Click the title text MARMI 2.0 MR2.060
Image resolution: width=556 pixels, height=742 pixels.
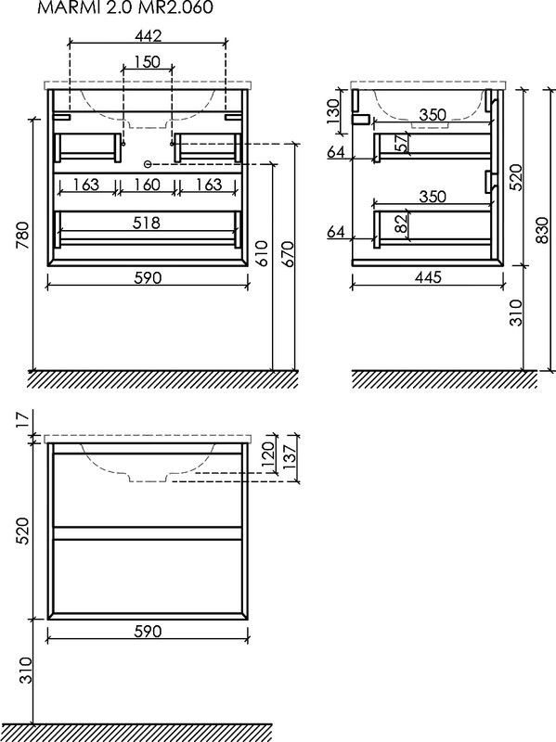tap(125, 6)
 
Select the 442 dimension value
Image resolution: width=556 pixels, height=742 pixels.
tap(149, 35)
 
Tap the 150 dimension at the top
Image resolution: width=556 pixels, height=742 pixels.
tap(148, 62)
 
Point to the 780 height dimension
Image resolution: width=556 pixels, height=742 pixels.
tap(22, 236)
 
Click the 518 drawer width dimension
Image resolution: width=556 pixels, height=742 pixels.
tap(147, 223)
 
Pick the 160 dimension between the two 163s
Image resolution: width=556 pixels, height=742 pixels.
tap(147, 184)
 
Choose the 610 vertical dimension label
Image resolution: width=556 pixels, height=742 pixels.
tap(264, 254)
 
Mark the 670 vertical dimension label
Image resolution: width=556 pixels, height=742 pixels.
tap(289, 254)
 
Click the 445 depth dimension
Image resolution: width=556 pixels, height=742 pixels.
tap(428, 276)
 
